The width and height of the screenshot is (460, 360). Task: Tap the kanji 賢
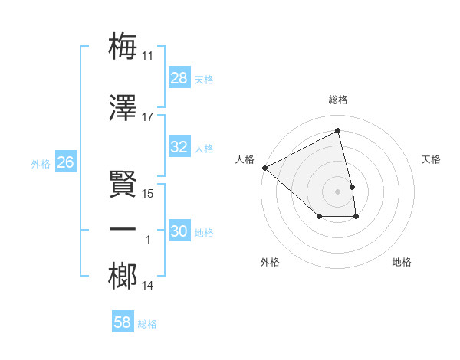[x=123, y=184]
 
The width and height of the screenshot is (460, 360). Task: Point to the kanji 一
[x=123, y=230]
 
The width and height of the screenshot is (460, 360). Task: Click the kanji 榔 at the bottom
[x=123, y=277]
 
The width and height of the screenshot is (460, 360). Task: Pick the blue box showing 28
[x=179, y=78]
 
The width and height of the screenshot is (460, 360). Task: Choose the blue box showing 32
[x=179, y=147]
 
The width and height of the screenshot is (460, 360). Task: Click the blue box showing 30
[x=179, y=231]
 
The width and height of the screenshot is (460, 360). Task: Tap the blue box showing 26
[x=65, y=162]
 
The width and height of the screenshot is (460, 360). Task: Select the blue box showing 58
[x=123, y=322]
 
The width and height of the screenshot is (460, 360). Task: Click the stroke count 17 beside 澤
[x=148, y=117]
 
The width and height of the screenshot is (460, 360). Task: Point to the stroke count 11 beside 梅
[x=148, y=56]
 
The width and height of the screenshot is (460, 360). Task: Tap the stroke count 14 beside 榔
[x=148, y=286]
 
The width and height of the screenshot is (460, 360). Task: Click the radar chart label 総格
[x=338, y=100]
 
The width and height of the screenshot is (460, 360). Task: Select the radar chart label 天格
[x=432, y=159]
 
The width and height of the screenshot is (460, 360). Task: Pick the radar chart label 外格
[x=270, y=262]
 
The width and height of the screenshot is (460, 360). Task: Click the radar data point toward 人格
[x=264, y=168]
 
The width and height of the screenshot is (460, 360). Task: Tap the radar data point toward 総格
[x=338, y=131]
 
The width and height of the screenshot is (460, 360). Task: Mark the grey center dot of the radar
[x=338, y=191]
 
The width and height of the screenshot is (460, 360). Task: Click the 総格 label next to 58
[x=147, y=324]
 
